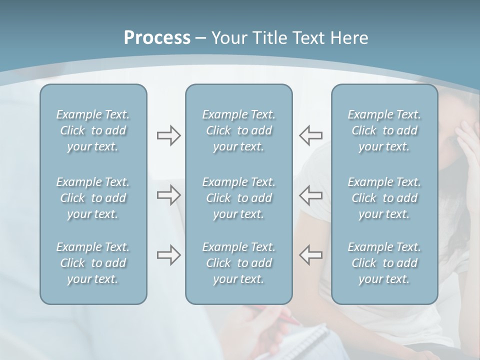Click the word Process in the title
157,38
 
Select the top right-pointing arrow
168,135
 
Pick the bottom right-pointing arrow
168,255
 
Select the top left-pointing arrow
311,135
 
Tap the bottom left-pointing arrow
311,255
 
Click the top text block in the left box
93,130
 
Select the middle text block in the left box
93,198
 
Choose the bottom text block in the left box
93,263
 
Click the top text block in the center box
239,130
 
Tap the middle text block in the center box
239,198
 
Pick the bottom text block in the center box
239,263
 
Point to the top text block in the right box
384,130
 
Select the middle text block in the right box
384,198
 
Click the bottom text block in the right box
384,263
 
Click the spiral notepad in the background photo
305,340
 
